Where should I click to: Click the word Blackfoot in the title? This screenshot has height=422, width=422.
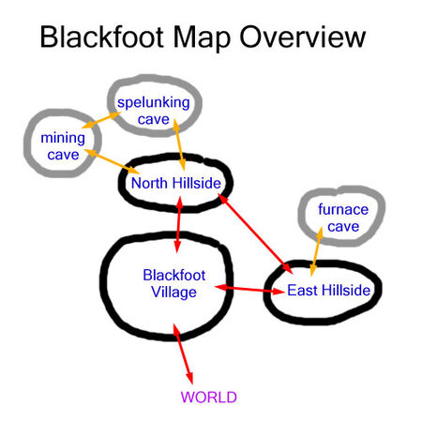pos(102,37)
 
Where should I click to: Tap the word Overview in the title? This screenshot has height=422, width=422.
pos(302,37)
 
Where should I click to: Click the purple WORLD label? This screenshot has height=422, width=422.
pos(208,397)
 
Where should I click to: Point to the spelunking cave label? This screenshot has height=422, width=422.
pos(154,111)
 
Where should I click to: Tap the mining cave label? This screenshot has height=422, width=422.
pos(63,146)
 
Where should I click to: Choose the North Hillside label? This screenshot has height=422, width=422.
pos(176,183)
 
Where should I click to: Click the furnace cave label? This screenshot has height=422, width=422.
pos(343,218)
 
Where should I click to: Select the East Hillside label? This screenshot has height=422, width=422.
pos(328,290)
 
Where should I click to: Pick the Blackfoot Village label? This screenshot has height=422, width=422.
pos(174,284)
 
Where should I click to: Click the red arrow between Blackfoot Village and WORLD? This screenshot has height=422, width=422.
pos(183,354)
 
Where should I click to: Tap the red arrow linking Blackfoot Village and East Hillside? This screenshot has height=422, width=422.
pos(250,289)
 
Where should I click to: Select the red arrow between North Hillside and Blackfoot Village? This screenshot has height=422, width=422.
pos(179,224)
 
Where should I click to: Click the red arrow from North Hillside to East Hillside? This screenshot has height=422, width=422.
pos(255,234)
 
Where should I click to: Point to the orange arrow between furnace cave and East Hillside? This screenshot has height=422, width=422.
pos(316,251)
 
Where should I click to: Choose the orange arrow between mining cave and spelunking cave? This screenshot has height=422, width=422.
pos(101,120)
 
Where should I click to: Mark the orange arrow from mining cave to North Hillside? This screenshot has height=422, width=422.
pos(112,161)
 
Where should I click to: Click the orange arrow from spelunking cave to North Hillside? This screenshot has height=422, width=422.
pos(179,144)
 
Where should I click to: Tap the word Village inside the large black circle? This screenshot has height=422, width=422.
pos(174,293)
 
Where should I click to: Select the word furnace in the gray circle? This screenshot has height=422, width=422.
pos(343,209)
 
